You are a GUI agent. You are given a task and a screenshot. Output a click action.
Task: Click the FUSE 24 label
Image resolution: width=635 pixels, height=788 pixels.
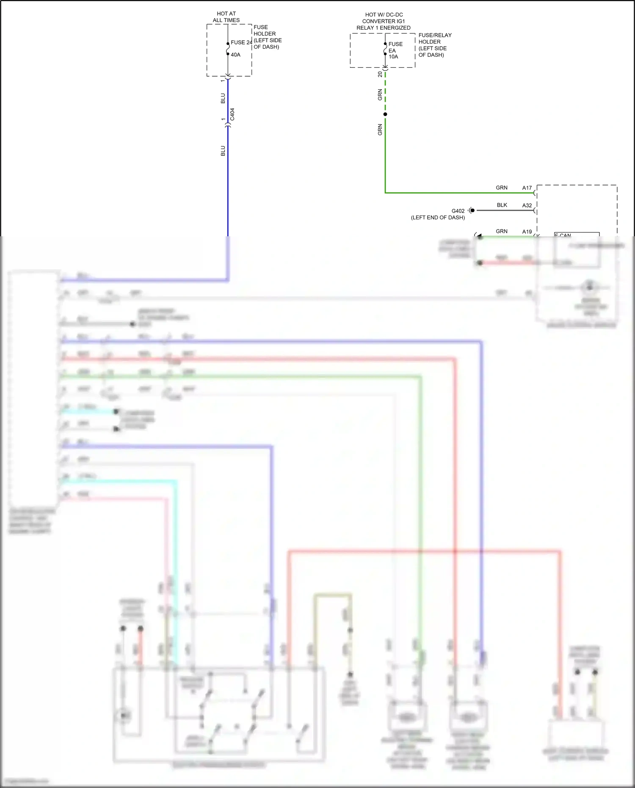[241, 42]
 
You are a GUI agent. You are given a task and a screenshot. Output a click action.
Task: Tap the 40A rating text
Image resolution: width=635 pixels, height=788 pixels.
[235, 55]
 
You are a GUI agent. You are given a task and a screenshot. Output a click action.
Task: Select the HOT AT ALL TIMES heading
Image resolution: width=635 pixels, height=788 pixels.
[226, 17]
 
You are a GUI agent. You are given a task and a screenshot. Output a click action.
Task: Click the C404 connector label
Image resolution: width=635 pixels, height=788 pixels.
[232, 114]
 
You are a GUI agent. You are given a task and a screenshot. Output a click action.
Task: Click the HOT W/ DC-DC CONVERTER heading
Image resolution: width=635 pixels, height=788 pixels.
[384, 21]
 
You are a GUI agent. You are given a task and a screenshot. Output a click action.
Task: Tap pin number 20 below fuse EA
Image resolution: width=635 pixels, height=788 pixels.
[380, 74]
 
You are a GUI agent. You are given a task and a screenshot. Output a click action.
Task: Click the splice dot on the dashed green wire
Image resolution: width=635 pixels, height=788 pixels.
[385, 114]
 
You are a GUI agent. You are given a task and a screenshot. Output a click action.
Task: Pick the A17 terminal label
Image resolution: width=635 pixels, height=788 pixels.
[527, 188]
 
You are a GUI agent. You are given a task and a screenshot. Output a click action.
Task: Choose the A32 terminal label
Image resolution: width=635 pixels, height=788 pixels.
[527, 205]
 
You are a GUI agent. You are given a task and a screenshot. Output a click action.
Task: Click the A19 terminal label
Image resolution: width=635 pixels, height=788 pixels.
[527, 232]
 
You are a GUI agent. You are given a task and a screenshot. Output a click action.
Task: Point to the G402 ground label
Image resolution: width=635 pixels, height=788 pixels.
[458, 211]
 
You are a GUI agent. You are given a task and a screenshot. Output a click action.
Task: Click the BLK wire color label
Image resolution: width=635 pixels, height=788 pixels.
[502, 205]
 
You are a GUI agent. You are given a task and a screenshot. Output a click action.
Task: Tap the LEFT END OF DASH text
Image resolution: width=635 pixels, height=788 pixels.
[438, 218]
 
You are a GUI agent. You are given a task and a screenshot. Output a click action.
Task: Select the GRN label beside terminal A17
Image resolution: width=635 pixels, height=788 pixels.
[501, 188]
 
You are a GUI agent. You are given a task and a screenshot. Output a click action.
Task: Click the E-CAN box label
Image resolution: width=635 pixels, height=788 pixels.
[563, 235]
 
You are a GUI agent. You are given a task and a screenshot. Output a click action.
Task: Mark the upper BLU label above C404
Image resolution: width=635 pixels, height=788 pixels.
[223, 98]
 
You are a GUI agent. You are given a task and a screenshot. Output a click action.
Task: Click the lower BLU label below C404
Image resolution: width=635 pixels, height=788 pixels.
[223, 151]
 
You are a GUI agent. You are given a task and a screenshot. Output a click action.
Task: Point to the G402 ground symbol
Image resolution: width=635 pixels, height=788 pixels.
[471, 210]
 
